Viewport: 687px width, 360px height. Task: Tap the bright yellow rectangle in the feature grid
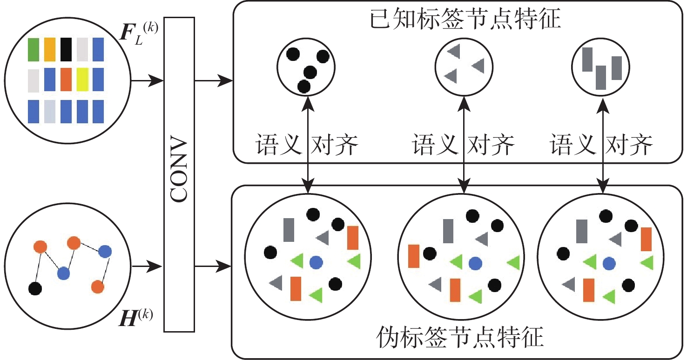[82, 79]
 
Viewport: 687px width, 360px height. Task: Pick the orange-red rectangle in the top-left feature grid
[66, 79]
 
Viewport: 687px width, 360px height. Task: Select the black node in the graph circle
[35, 288]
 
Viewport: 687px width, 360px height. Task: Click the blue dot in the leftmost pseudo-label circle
[316, 262]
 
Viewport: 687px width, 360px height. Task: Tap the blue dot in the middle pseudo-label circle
[474, 263]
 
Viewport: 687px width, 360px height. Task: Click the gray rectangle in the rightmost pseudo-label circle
[582, 231]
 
